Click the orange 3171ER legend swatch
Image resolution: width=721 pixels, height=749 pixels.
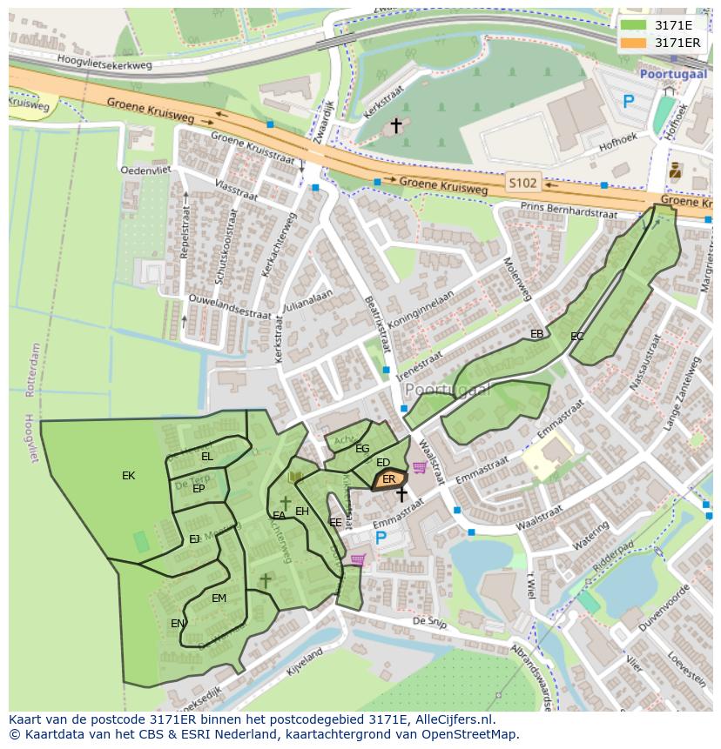[633, 42]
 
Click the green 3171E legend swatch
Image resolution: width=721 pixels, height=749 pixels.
[633, 24]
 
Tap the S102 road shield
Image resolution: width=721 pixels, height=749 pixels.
[522, 183]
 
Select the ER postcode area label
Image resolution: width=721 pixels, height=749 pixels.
[389, 479]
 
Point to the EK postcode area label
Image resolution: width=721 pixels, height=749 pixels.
[129, 476]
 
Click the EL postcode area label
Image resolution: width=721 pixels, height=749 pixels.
[206, 456]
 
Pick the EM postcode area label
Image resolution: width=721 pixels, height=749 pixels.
[219, 598]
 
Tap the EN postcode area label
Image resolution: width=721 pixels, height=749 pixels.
[177, 624]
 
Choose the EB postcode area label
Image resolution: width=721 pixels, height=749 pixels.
[536, 334]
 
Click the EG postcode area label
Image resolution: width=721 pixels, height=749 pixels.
[362, 449]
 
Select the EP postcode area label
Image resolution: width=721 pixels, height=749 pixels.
[199, 489]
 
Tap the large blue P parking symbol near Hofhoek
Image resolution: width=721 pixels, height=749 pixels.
[629, 102]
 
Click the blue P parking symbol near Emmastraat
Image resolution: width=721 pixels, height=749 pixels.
[381, 538]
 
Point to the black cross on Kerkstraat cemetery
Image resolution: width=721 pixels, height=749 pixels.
[396, 126]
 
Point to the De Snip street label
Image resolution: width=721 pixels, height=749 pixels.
[429, 621]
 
